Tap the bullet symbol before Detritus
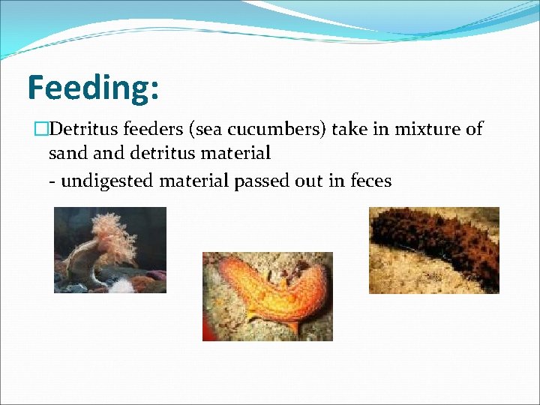coord(40,130)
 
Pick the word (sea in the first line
coord(206,130)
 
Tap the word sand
coord(67,154)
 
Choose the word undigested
coord(109,181)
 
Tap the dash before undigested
coord(52,181)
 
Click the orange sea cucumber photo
coord(267,296)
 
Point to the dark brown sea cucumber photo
coord(433,250)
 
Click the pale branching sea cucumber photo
coord(109,250)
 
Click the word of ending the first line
coord(474,130)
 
